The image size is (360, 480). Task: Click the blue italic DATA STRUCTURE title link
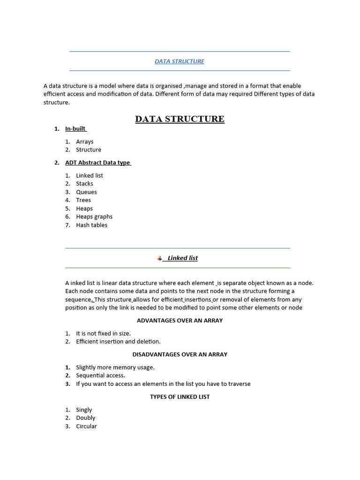click(x=180, y=61)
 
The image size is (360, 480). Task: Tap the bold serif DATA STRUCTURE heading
click(x=180, y=119)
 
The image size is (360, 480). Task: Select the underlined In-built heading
click(x=75, y=129)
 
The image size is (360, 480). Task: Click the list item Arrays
click(x=85, y=142)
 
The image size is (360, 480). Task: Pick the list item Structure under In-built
click(x=89, y=150)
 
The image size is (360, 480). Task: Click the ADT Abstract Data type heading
click(x=98, y=163)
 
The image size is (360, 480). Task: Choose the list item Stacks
click(x=84, y=184)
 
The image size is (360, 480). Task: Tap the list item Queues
click(x=86, y=192)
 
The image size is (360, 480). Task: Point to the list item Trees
click(x=83, y=200)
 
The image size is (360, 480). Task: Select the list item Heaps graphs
click(x=94, y=217)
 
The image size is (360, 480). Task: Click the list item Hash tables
click(x=91, y=225)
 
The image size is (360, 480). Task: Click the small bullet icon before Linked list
click(x=159, y=258)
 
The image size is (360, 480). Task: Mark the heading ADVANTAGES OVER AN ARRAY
click(x=180, y=321)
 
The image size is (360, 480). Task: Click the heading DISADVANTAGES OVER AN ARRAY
click(x=180, y=354)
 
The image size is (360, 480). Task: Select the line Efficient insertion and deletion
click(x=118, y=342)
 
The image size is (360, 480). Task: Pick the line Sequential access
click(x=100, y=375)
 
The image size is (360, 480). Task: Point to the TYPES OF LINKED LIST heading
click(x=180, y=397)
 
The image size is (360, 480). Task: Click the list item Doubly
click(x=85, y=418)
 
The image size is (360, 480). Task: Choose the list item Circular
click(x=86, y=426)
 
